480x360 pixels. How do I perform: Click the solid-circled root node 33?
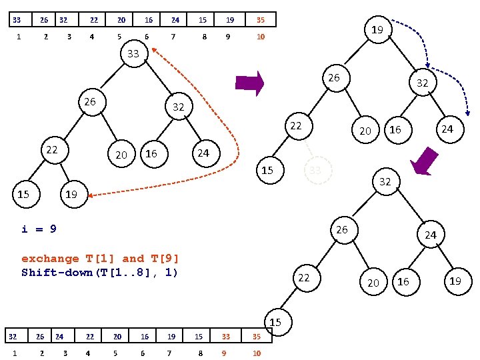(x=133, y=54)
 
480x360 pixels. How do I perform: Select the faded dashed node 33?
(x=315, y=171)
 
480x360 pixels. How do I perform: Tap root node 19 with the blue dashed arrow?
(x=377, y=30)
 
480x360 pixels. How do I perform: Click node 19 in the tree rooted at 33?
(x=71, y=195)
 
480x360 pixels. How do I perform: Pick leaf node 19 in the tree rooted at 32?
(x=455, y=281)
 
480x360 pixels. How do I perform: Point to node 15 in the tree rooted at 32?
(x=275, y=323)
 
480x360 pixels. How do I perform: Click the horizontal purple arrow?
(x=250, y=83)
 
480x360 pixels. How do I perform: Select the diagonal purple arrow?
(x=425, y=161)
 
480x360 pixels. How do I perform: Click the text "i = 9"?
(x=39, y=229)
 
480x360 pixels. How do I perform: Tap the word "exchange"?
(x=50, y=259)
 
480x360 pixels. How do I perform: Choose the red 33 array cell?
(x=226, y=337)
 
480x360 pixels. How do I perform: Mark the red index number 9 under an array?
(x=224, y=353)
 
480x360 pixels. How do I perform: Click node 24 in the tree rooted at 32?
(x=431, y=235)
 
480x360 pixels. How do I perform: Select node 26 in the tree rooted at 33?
(x=90, y=103)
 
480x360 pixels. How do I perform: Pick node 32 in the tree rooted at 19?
(x=422, y=83)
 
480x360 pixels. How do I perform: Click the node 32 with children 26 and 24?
(x=385, y=182)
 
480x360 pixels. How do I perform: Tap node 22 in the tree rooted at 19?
(x=295, y=126)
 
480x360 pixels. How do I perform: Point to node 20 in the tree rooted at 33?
(x=121, y=155)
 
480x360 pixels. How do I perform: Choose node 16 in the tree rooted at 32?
(x=403, y=282)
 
